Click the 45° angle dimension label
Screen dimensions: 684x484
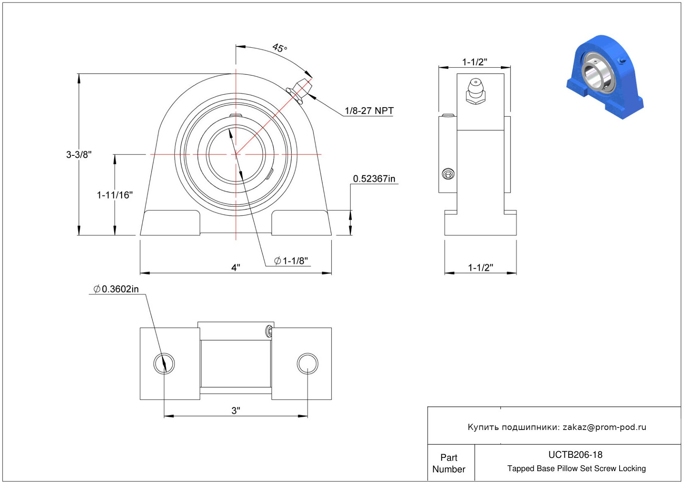(279, 48)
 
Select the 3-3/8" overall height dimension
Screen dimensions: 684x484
(79, 155)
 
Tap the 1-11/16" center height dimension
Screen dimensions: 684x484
(115, 195)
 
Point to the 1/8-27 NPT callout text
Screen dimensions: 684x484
(369, 111)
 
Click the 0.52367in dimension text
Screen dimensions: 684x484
(374, 179)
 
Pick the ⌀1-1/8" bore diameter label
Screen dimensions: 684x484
(291, 260)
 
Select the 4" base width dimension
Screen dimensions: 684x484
(236, 268)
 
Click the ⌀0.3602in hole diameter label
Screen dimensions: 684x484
(116, 289)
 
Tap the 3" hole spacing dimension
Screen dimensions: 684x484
(236, 410)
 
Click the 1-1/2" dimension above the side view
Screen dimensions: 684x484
(475, 62)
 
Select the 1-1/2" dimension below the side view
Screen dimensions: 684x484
(481, 268)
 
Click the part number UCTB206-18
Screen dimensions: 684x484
(575, 455)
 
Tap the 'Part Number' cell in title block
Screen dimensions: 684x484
(449, 463)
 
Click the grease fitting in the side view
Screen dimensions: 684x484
(476, 91)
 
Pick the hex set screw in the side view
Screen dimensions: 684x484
(448, 174)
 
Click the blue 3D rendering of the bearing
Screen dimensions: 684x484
(605, 77)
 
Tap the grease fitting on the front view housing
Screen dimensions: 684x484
(300, 91)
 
